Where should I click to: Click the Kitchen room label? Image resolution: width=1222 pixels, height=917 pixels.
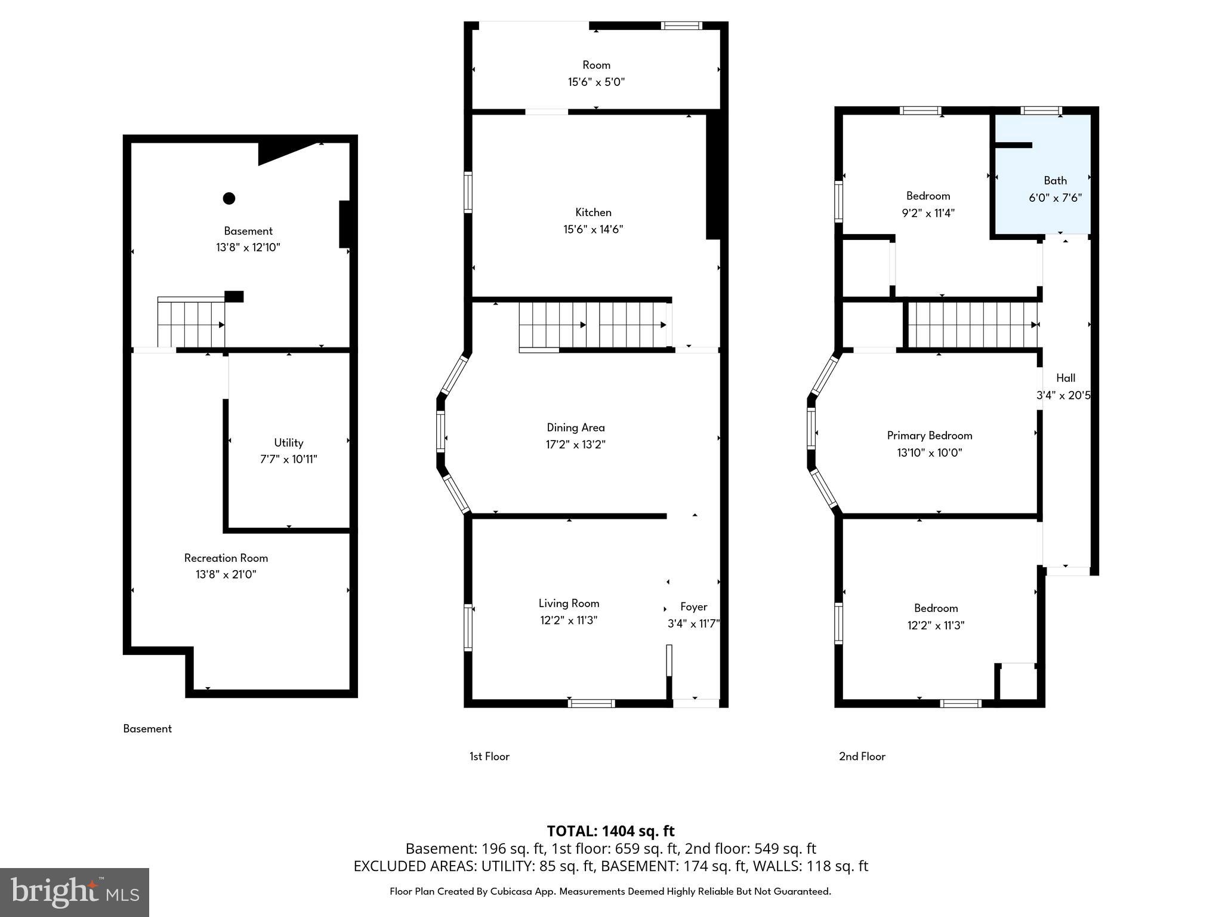point(593,212)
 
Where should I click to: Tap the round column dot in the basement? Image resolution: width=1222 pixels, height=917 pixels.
point(229,198)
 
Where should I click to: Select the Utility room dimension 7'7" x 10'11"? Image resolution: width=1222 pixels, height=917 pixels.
point(288,459)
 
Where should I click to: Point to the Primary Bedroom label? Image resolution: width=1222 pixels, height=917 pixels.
point(930,435)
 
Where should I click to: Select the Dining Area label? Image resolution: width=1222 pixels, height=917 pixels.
point(576,427)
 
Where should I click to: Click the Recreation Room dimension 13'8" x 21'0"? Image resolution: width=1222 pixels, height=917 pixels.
point(226,574)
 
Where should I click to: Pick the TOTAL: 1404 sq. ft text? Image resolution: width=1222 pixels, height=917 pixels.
point(610,830)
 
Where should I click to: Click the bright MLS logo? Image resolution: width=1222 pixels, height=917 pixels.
point(74,892)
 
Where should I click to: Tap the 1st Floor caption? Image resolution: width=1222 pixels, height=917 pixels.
point(489,756)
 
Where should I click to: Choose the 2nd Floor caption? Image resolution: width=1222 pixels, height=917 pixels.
point(862,756)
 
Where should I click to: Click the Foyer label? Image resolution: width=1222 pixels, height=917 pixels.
point(693,607)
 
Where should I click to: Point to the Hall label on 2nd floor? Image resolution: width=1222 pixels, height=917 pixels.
point(1066,378)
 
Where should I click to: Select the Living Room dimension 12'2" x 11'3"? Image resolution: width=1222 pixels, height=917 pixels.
point(569,620)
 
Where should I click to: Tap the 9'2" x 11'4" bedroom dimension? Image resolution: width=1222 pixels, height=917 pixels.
point(928,213)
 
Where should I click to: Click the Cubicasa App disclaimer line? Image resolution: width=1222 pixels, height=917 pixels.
point(610,891)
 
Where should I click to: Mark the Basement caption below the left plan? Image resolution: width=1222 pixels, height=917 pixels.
point(147,728)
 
